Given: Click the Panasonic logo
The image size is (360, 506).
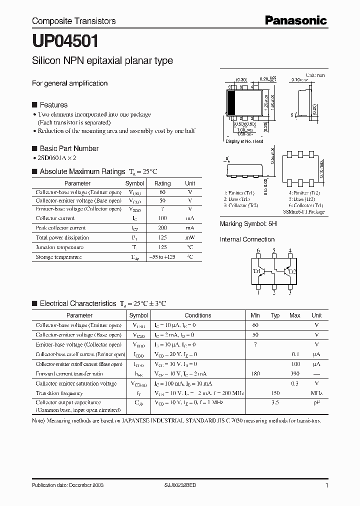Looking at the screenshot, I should coord(295,20).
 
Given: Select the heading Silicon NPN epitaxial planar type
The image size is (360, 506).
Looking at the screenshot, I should coord(102,61).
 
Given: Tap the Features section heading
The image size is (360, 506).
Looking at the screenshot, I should coord(53,105).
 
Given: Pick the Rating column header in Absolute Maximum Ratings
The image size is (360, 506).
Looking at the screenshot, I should coord(162,183).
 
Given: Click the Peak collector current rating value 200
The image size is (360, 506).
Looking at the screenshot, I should coord(162,228).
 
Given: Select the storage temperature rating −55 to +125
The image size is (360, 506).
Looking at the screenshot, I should coord(162,257).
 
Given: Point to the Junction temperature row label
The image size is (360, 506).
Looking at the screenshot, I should coord(59,247).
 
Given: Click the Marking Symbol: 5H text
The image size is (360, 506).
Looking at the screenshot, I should coord(248,224).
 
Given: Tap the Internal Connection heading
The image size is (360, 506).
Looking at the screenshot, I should coord(247,239).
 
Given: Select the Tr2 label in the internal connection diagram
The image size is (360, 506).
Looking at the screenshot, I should coord(292,271).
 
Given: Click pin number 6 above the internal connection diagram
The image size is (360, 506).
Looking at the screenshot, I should coord(258,251).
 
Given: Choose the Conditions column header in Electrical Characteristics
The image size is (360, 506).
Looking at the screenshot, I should coord(197,315).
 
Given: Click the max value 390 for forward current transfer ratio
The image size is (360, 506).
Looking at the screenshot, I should coord(294,373).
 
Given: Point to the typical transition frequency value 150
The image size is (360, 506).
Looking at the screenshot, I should coord(275,393).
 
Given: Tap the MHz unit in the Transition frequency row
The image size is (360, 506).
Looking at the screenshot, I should coord(316,393).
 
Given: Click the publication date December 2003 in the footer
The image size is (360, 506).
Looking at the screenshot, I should coord(67,485).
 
